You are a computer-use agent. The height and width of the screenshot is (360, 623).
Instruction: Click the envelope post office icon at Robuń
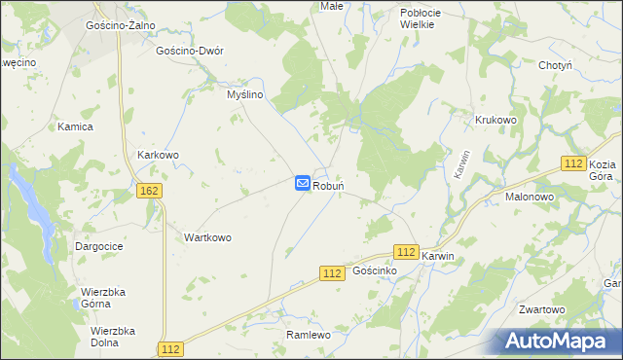[x=302, y=183]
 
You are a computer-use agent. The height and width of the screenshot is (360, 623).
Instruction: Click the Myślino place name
[x=245, y=94]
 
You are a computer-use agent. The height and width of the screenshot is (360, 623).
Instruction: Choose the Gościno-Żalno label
[x=122, y=25]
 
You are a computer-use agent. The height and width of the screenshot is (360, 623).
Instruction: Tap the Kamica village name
[x=75, y=127]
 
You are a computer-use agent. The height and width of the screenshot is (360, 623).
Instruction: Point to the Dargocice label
[x=99, y=247]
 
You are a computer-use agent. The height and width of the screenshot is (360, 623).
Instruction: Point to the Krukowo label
[x=495, y=120]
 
